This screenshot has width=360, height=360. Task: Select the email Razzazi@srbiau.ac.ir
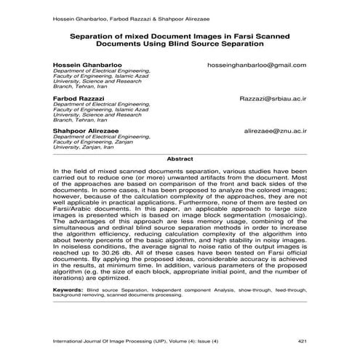273,97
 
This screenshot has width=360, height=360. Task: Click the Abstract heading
180,158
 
